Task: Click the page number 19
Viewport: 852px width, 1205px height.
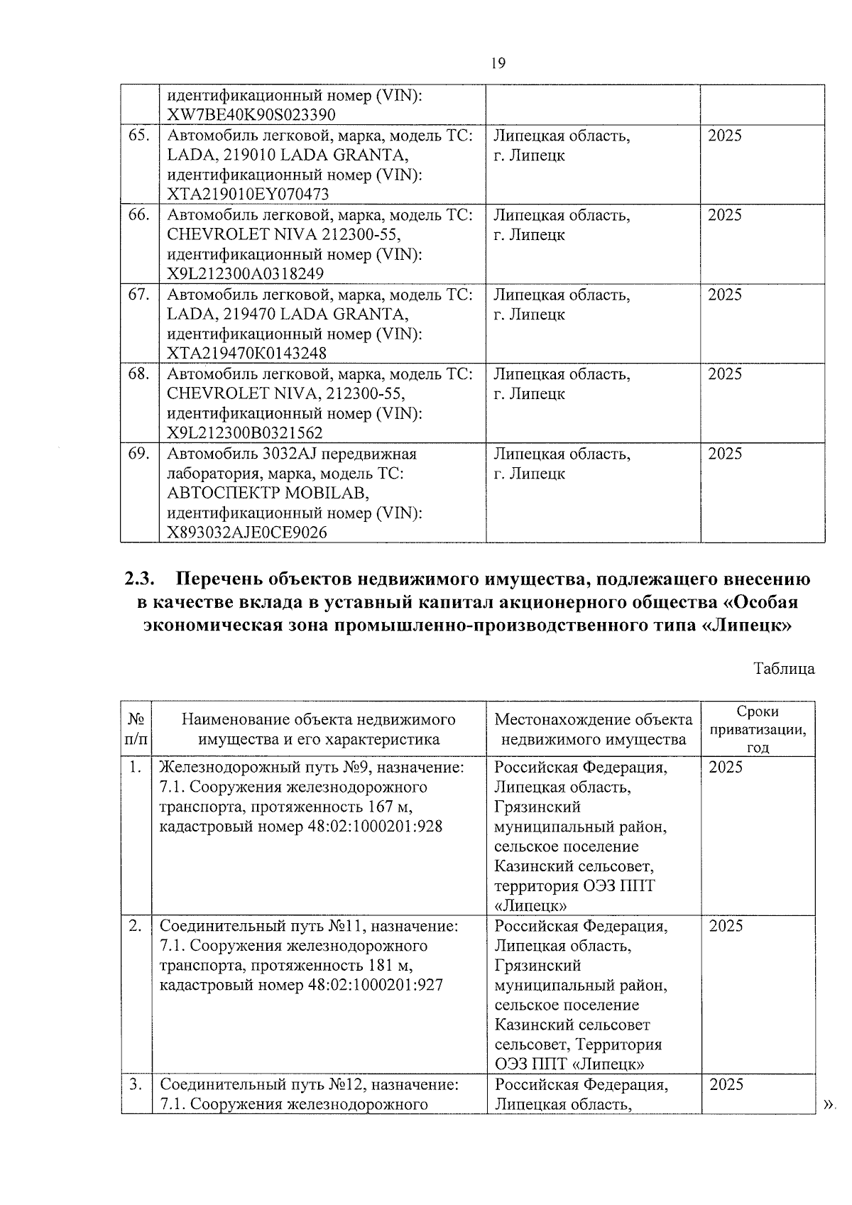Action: (x=498, y=63)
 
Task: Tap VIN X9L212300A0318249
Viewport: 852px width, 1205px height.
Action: (x=246, y=274)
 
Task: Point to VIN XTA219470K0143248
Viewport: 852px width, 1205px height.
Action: (x=246, y=354)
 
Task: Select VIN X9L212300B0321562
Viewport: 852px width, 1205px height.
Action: (x=245, y=433)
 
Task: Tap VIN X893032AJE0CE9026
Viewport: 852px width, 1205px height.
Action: (x=247, y=533)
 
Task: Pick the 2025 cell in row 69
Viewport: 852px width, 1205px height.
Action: (x=725, y=454)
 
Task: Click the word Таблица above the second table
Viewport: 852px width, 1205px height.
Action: (x=784, y=669)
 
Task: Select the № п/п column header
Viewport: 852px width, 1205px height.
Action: (x=136, y=729)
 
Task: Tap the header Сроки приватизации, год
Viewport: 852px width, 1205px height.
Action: (x=758, y=729)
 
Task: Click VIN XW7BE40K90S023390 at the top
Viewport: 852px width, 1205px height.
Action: (x=251, y=115)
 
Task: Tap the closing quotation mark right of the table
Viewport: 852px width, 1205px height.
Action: (x=827, y=1104)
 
